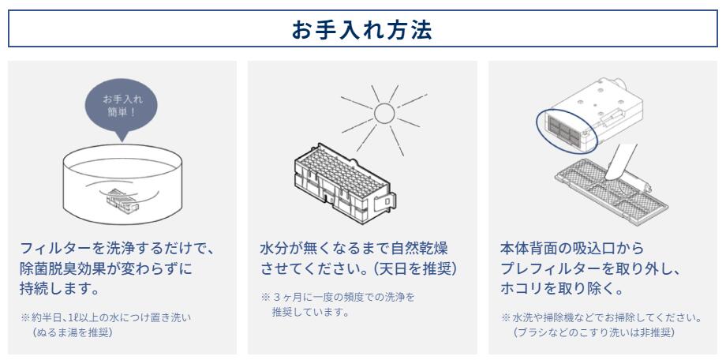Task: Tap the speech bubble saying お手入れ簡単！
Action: tap(121, 104)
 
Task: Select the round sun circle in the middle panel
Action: tap(384, 114)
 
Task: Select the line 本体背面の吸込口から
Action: tap(567, 248)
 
